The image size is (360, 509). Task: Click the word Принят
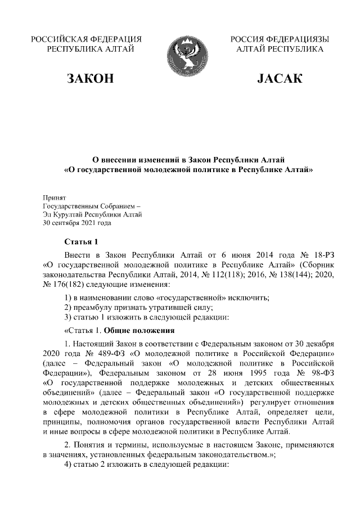pos(55,198)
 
